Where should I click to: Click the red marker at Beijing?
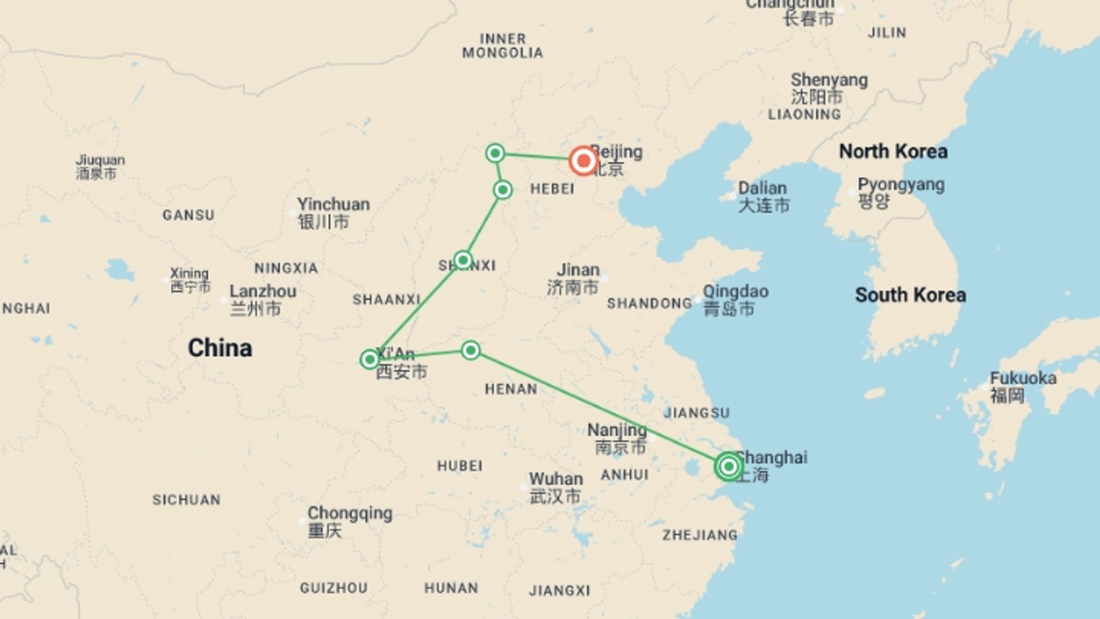point(583,161)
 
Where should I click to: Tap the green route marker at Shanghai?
point(729,467)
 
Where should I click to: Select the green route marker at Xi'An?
point(370,359)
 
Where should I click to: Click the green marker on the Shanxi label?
point(463,260)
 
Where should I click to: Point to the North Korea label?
point(893,151)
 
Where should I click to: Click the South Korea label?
point(910,295)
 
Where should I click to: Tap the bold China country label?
point(220,348)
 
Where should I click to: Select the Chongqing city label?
point(349,514)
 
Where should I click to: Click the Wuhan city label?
point(555,479)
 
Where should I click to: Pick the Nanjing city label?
point(617,430)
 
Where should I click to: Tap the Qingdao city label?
point(736,292)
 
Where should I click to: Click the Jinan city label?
point(578,270)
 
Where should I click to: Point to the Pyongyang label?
point(901,185)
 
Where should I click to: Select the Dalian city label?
point(762,189)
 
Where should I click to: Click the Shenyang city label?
point(829,80)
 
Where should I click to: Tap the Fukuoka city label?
point(1023,378)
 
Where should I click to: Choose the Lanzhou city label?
point(263,292)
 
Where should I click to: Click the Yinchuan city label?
point(333,205)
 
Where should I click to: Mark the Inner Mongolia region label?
point(502,46)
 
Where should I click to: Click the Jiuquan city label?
point(100,160)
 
